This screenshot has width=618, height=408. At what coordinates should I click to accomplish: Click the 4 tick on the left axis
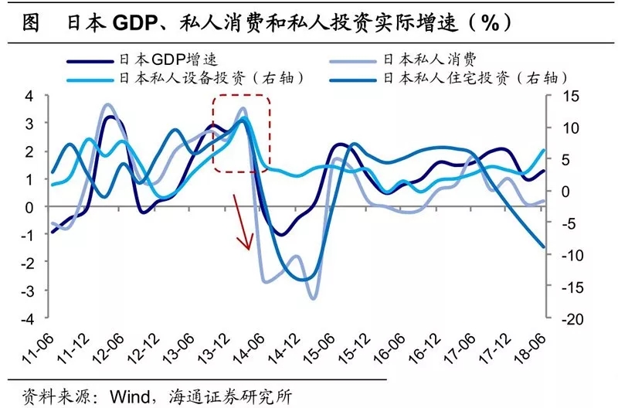pos(29,96)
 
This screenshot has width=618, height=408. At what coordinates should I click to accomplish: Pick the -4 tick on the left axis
pos(27,318)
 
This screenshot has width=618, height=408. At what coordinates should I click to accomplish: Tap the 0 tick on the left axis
pos(29,207)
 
